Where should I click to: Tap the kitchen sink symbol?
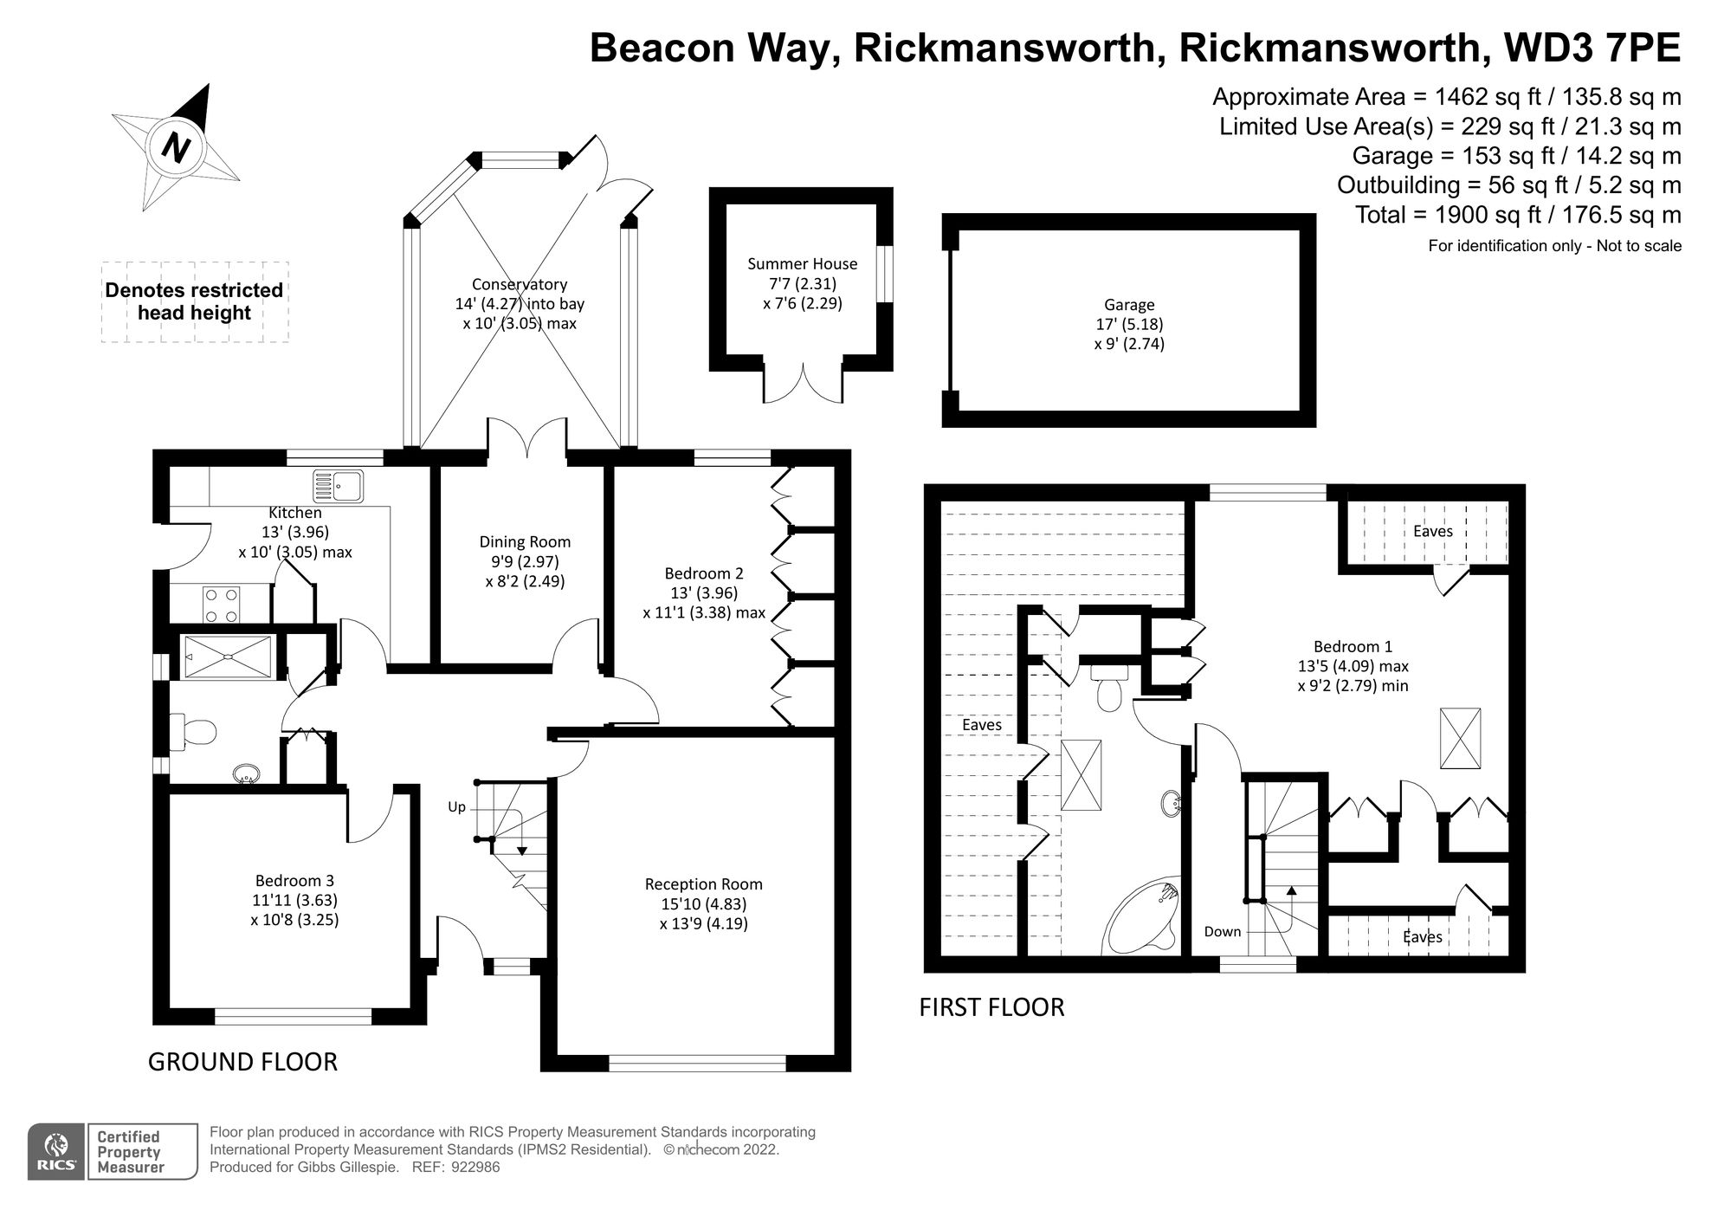click(x=338, y=486)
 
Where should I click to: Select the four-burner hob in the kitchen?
click(x=221, y=605)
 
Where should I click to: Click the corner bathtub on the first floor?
click(x=1142, y=918)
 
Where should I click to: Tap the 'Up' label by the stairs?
click(x=456, y=807)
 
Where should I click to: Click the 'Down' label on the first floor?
click(x=1222, y=932)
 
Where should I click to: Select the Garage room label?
click(x=1128, y=305)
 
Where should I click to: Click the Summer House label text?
click(x=802, y=264)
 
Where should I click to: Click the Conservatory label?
click(x=520, y=284)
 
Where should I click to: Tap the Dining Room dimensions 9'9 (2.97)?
click(x=525, y=561)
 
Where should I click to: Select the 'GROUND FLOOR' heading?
click(x=242, y=1062)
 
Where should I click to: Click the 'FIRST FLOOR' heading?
click(x=991, y=1007)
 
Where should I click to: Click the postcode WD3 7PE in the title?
click(x=1592, y=48)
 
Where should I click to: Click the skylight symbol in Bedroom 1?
click(x=1460, y=738)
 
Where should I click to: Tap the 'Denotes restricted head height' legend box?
click(x=195, y=301)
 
